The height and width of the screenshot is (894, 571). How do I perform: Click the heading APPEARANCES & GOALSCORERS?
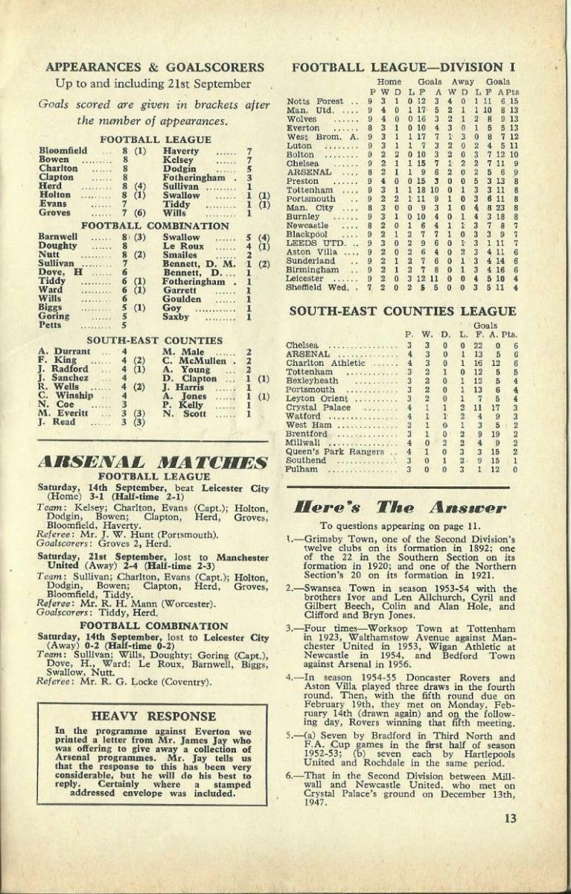pyautogui.click(x=154, y=67)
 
